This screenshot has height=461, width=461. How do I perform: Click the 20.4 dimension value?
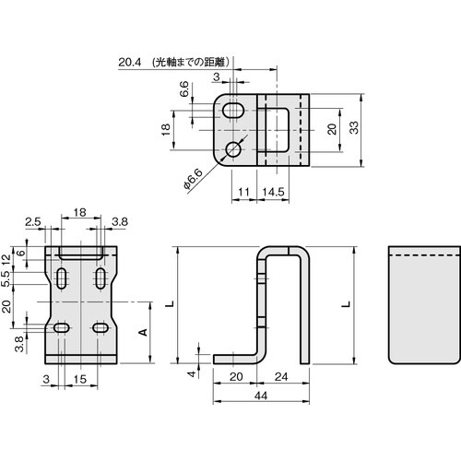pos(130,63)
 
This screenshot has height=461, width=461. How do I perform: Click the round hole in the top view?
pos(234,148)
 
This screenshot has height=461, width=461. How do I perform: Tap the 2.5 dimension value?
pos(32,222)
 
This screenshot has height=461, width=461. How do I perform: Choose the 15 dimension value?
pos(80,380)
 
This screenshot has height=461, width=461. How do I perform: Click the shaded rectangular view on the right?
pos(422,304)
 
